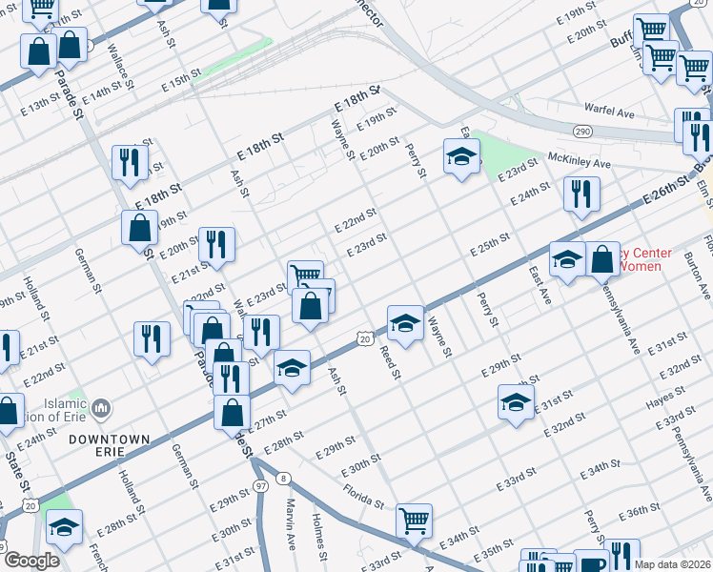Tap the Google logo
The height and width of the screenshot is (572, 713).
coord(31,562)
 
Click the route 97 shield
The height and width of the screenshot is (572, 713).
coord(260,487)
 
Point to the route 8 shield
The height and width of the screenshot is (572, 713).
coord(283,478)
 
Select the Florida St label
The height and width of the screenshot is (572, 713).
coord(364,497)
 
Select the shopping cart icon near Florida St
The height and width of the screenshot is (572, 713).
coord(414,521)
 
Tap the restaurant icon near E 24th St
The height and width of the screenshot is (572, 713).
coord(579,194)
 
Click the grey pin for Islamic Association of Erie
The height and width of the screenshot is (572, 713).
coord(103,409)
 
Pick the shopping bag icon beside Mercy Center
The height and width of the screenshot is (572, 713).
coord(602,258)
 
